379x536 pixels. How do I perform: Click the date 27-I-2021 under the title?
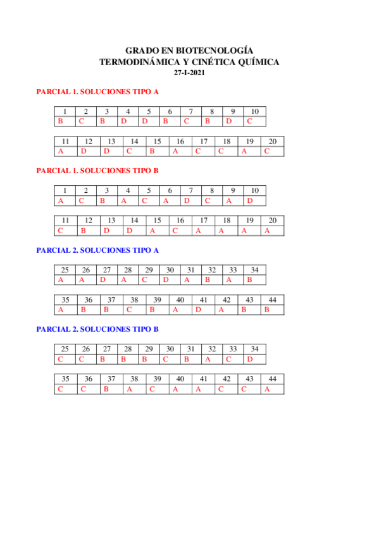(189, 73)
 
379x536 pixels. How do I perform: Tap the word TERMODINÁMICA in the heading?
(140, 61)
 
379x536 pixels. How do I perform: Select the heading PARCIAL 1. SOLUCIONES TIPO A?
(97, 92)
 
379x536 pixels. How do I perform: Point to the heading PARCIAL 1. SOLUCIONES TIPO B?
(97, 171)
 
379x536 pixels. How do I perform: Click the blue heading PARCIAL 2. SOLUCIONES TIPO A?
(97, 250)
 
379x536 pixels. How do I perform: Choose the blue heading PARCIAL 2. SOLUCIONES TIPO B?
(97, 329)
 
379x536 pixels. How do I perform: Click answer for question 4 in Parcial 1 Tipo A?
(124, 121)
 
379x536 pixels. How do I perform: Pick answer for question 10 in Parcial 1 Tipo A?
(250, 121)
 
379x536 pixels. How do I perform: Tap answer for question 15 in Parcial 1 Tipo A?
(152, 151)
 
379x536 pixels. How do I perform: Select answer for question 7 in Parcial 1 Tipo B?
(187, 200)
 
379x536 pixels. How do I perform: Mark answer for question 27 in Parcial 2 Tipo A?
(102, 279)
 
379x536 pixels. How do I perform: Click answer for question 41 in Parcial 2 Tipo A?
(198, 310)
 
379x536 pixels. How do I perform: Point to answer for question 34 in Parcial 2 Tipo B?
(250, 359)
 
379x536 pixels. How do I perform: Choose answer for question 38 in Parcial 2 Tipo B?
(129, 389)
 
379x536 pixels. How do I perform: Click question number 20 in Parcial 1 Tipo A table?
(272, 142)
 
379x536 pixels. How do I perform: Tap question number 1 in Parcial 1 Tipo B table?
(65, 190)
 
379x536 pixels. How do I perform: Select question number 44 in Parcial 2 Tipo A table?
(272, 300)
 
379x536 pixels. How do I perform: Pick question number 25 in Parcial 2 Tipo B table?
(65, 349)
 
